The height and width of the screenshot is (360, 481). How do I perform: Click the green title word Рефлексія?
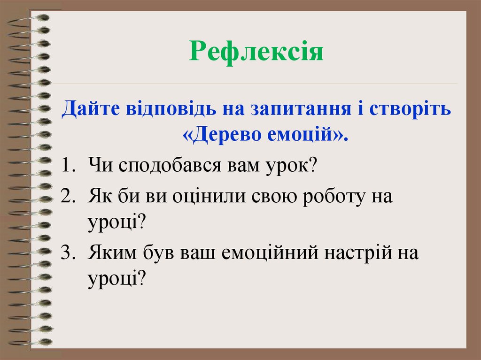point(257,52)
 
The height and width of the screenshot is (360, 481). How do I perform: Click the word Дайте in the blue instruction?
point(89,109)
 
